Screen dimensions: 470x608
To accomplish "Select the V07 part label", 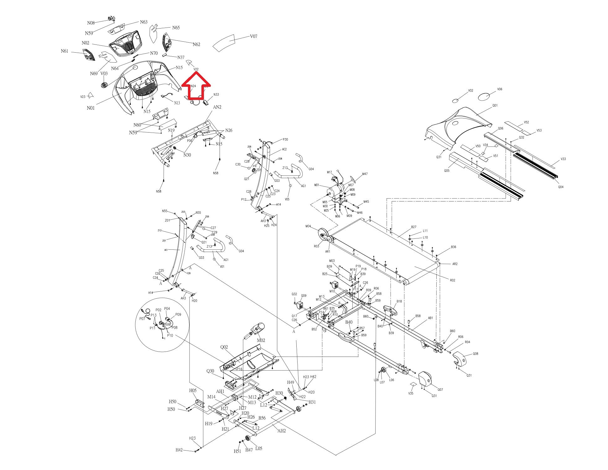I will pos(253,36).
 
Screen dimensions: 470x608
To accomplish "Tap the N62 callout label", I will pos(196,44).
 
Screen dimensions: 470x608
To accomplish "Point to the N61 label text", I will pos(65,51).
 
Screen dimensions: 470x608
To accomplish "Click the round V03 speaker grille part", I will pos(104,85).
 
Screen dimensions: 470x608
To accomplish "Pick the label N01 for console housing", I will pos(91,108).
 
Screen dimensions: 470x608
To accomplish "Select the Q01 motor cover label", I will pos(495,106).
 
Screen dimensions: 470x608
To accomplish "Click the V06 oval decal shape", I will pos(484,97).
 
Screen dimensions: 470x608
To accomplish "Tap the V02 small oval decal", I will pos(455,101).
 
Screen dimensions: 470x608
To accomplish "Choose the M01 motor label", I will pos(317,185).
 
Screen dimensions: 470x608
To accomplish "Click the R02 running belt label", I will pos(452,280).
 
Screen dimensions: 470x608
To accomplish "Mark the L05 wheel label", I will pos(259,448).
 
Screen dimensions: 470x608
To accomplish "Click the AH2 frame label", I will pos(282,431).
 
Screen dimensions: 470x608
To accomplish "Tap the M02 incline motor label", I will pos(261,340).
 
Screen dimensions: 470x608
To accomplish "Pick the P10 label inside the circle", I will pos(170,336).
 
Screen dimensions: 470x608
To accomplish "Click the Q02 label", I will pos(224,347).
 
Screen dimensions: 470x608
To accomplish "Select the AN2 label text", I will pos(217,107).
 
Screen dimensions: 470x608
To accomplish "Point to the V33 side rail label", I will pos(563,159).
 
